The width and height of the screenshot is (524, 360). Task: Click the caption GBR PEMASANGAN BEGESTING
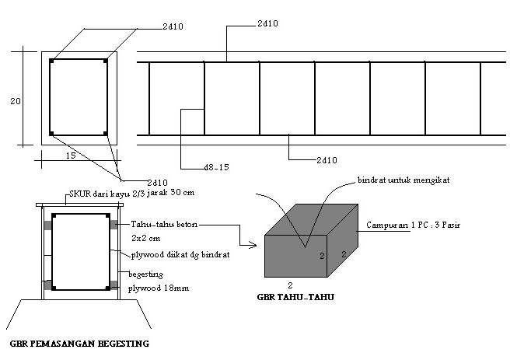coord(79,343)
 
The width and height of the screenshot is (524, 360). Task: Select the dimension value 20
coord(15,99)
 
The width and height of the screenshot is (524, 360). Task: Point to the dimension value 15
coord(70,156)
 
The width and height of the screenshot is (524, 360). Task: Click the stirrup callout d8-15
coord(216,166)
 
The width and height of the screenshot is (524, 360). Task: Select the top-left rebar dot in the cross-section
coord(51,61)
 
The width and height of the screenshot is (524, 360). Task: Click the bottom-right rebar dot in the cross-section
coord(106,134)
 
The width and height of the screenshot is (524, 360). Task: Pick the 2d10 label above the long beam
coord(267,24)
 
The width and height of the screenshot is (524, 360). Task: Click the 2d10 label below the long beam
coord(327,159)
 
